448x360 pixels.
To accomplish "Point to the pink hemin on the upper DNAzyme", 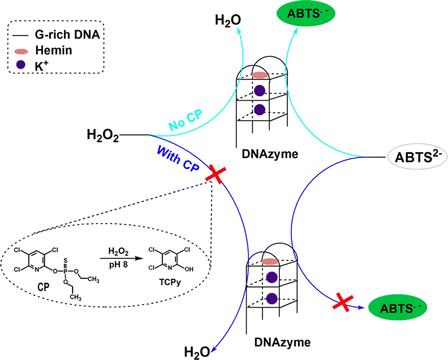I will click(260, 75).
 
